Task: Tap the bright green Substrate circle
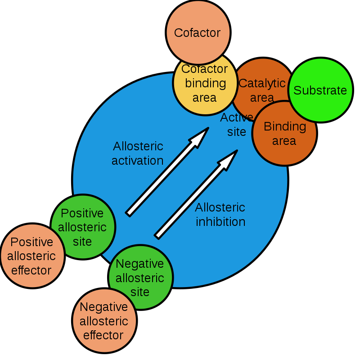[x=320, y=90]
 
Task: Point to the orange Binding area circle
[x=284, y=134]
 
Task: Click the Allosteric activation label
[x=138, y=153]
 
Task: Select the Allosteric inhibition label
[x=220, y=215]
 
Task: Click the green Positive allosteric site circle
[x=83, y=227]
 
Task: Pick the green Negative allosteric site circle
[x=140, y=277]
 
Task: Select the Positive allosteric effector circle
[x=32, y=256]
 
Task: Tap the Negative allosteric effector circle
[x=104, y=321]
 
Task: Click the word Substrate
[x=320, y=90]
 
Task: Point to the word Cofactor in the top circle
[x=197, y=33]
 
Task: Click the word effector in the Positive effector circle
[x=31, y=270]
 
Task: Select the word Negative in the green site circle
[x=140, y=263]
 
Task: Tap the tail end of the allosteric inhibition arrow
[x=157, y=235]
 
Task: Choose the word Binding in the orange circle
[x=285, y=126]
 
